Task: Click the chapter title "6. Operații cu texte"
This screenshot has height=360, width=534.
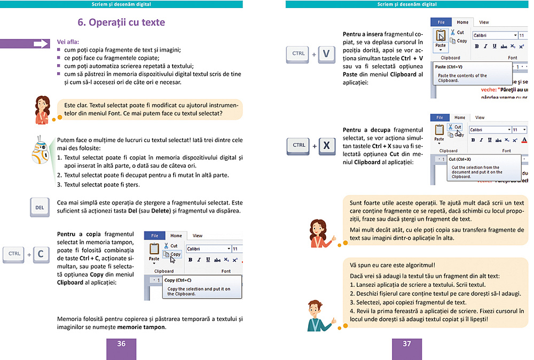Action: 121,22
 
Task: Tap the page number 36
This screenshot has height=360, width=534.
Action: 121,343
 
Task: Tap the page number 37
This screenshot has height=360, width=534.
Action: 407,343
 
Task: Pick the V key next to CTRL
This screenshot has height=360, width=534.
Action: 326,54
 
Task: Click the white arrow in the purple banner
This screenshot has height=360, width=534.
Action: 41,44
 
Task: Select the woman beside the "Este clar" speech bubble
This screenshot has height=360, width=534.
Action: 42,109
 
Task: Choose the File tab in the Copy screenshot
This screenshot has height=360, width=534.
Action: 154,236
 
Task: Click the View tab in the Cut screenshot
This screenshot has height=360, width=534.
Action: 480,118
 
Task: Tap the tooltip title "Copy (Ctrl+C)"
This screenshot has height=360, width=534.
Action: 178,280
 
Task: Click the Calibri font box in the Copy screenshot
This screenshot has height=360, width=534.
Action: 206,249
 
